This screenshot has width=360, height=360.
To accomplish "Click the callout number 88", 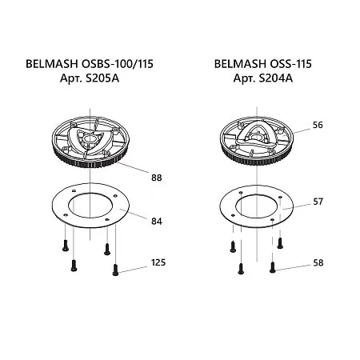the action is pyautogui.click(x=157, y=178).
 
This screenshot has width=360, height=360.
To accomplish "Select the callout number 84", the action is pyautogui.click(x=157, y=222).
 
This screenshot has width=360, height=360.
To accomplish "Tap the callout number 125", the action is pyautogui.click(x=158, y=262).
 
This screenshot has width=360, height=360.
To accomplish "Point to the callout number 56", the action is pyautogui.click(x=318, y=125).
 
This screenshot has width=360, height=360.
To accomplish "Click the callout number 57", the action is pyautogui.click(x=318, y=202).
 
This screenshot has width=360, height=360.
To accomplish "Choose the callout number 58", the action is pyautogui.click(x=318, y=263).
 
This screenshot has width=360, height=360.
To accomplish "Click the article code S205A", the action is pyautogui.click(x=102, y=78).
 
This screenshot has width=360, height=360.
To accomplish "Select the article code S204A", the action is pyautogui.click(x=275, y=78).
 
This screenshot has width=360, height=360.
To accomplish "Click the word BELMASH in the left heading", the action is pyautogui.click(x=52, y=64).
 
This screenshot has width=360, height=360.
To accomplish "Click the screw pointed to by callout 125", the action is pyautogui.click(x=115, y=270).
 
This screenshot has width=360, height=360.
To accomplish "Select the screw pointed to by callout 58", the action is pyautogui.click(x=272, y=268).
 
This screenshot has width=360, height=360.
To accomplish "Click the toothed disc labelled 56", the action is pyautogui.click(x=257, y=141).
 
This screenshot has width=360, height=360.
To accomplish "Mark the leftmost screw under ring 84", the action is pyautogui.click(x=66, y=246).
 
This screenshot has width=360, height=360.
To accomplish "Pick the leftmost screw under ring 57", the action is pyautogui.click(x=233, y=246).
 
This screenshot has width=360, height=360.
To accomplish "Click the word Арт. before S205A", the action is pyautogui.click(x=71, y=78).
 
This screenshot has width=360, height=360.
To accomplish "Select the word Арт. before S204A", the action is pyautogui.click(x=244, y=78).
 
